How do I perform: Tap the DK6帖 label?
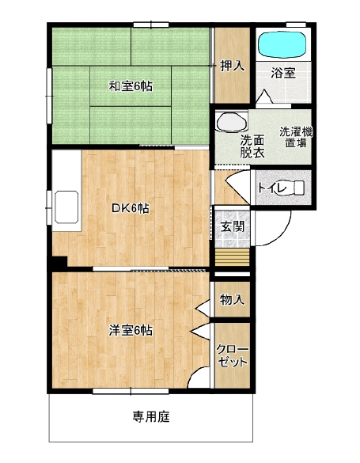coord(131,208)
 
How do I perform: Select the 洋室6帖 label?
coord(131,330)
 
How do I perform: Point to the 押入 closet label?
coord(232,66)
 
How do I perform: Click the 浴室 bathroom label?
coord(282,74)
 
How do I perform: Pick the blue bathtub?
coord(284,44)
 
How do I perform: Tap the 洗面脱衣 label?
coord(253,147)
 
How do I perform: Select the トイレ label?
coord(271,188)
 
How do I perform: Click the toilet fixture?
coord(299,188)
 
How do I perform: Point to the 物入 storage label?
coord(232,300)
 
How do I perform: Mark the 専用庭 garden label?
coord(152,417)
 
